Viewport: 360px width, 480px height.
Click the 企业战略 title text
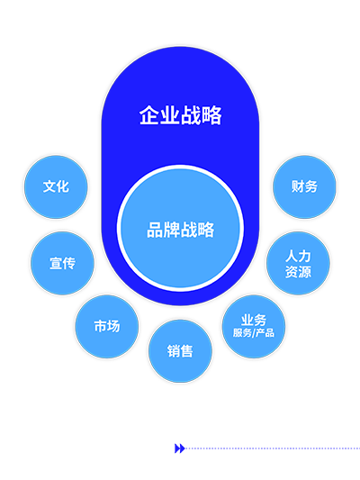point(181,115)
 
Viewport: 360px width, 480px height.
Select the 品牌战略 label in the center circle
point(181,230)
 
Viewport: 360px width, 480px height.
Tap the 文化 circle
point(56,186)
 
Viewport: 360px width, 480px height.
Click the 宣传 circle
point(62,263)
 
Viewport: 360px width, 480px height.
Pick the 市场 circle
point(107,326)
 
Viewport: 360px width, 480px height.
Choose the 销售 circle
point(180,351)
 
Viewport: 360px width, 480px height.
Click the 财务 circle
point(304,186)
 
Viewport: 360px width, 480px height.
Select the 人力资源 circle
point(298,263)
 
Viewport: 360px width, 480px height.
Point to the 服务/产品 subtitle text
point(254,332)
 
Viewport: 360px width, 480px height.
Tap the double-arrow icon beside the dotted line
point(179,448)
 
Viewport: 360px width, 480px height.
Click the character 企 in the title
point(149,115)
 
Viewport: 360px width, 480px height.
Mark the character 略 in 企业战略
point(212,115)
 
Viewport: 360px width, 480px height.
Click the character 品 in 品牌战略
point(156,230)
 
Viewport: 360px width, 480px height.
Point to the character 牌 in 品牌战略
point(172,230)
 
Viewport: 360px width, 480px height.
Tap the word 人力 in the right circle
point(298,256)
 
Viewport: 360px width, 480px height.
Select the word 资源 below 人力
point(298,271)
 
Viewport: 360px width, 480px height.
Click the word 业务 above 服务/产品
point(254,321)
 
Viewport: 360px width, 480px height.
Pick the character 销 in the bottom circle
point(174,351)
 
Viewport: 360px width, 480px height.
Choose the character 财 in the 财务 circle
point(298,186)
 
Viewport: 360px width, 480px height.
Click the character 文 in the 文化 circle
point(49,186)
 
